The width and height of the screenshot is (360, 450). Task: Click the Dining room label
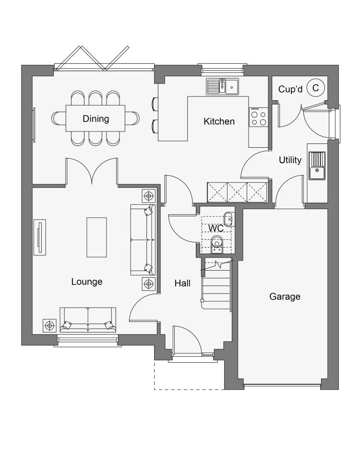click(96, 119)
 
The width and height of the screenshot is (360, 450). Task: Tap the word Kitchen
click(219, 121)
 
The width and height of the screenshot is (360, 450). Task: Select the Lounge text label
click(87, 282)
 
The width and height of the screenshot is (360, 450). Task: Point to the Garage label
click(285, 296)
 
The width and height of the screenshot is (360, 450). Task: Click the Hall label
click(182, 283)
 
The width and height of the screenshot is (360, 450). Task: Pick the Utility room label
click(290, 160)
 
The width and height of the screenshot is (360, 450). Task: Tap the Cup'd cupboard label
click(290, 89)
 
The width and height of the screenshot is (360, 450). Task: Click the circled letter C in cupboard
click(315, 88)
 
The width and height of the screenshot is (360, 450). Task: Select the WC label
click(216, 228)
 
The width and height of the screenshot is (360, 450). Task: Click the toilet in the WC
click(217, 245)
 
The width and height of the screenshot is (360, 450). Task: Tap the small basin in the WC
click(229, 219)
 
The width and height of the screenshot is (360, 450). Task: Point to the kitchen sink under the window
click(223, 86)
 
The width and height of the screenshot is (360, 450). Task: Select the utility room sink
click(317, 166)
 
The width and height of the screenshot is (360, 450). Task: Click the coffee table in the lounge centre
click(97, 237)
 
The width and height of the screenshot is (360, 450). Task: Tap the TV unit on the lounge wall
click(40, 237)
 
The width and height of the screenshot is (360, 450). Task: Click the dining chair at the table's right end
click(132, 118)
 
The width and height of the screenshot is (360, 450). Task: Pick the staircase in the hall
click(216, 284)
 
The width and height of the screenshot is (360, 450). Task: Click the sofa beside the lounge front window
click(88, 320)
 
